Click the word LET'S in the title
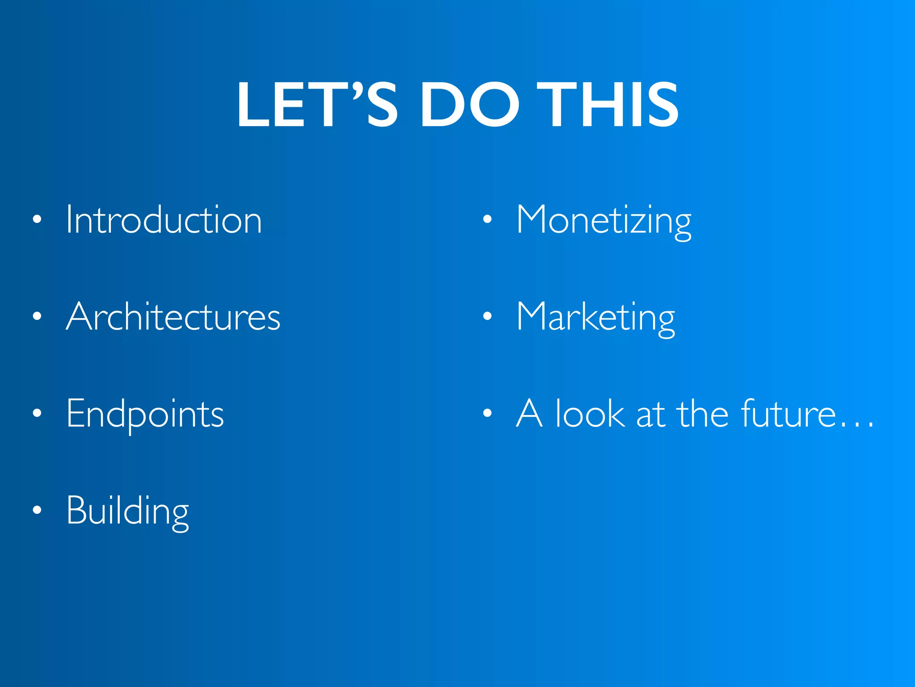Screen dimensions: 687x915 click(x=317, y=105)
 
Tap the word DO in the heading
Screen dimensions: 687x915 click(x=469, y=105)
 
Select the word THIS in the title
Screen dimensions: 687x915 click(x=608, y=105)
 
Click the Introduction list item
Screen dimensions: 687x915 click(x=164, y=220)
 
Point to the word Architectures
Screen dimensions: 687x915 click(x=173, y=317)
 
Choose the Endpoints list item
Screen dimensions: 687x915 click(x=145, y=414)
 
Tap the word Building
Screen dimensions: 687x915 click(x=128, y=511)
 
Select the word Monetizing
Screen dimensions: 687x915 click(x=604, y=220)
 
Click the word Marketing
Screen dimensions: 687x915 click(x=596, y=317)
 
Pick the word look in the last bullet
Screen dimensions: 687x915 click(x=590, y=414)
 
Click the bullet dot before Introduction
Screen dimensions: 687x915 click(x=37, y=220)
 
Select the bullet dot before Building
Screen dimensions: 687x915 click(x=37, y=510)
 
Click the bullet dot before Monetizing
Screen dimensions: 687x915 click(x=487, y=220)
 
